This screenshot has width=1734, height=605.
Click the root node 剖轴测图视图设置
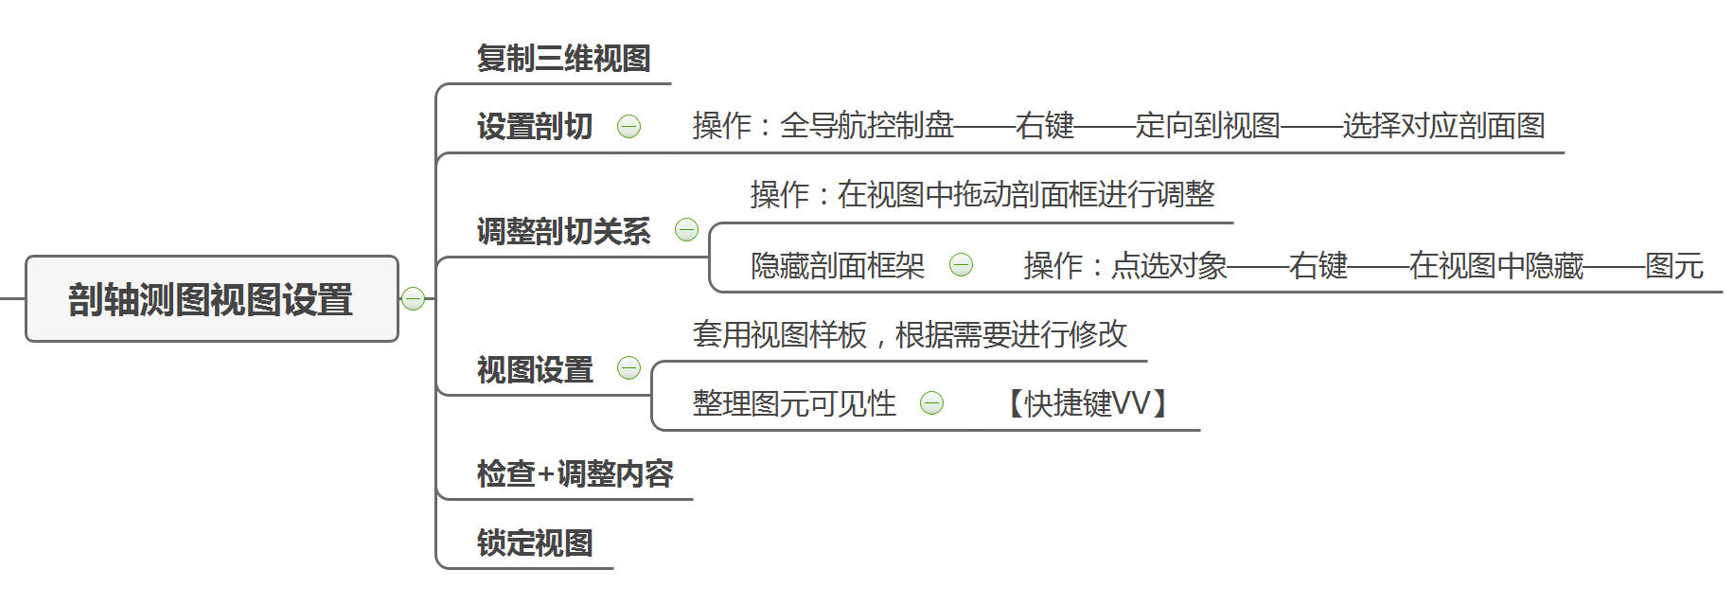click(210, 299)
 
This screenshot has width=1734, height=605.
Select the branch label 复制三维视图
click(563, 59)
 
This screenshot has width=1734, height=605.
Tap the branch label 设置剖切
click(535, 126)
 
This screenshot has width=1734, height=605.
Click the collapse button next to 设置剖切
click(628, 126)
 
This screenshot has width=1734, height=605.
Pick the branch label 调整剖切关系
click(563, 231)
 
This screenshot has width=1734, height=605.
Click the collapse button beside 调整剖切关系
click(686, 229)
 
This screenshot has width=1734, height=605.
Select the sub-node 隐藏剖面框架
click(837, 266)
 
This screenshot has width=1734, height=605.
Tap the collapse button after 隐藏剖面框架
click(961, 265)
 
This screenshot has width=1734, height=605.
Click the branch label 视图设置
click(535, 369)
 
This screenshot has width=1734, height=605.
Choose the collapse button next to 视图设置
click(628, 367)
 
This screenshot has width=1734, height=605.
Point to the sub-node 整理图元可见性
click(793, 404)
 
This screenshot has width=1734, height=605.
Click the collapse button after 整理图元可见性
click(931, 403)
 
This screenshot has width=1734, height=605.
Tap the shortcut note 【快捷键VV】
click(1086, 404)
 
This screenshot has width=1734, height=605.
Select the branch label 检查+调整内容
click(575, 473)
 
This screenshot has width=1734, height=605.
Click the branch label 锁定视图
click(535, 543)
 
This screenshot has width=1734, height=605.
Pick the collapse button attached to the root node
click(413, 299)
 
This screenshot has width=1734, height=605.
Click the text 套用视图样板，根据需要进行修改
click(909, 334)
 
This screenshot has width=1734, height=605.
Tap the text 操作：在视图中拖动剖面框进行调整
click(982, 195)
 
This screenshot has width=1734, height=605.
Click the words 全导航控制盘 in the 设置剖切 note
click(866, 126)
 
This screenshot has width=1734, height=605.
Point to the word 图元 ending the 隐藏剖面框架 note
click(1673, 266)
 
